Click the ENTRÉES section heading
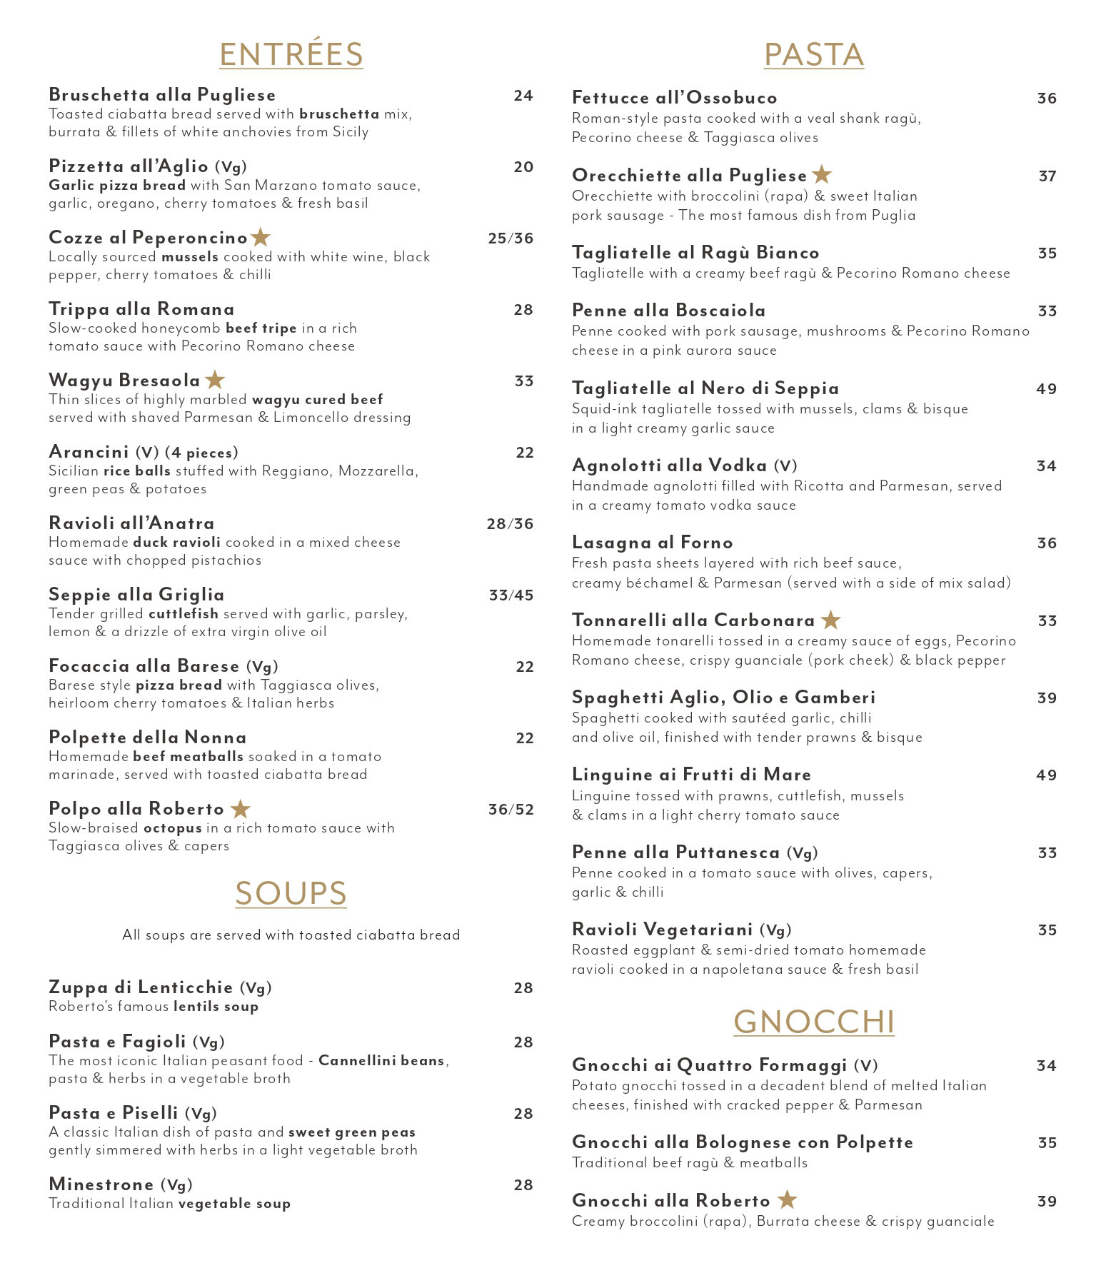(291, 54)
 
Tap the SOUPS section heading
(291, 893)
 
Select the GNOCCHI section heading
(813, 1021)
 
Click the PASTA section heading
(813, 54)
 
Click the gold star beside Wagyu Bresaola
(215, 380)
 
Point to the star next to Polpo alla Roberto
(241, 809)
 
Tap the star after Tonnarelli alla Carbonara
(830, 620)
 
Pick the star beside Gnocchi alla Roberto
(787, 1199)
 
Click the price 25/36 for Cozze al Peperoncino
(511, 238)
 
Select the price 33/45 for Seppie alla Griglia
(511, 595)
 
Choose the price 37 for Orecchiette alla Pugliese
(1047, 176)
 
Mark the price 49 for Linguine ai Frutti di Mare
(1046, 775)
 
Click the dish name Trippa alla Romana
(141, 309)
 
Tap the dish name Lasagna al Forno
(652, 543)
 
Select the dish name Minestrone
(101, 1184)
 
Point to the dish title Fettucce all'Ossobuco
(674, 98)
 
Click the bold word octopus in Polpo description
(173, 828)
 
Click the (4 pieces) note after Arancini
(201, 453)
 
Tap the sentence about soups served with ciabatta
(291, 935)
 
